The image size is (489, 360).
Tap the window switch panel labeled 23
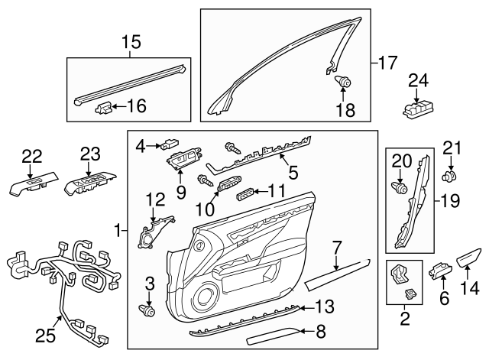click(90, 183)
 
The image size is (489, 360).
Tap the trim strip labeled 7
click(336, 273)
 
